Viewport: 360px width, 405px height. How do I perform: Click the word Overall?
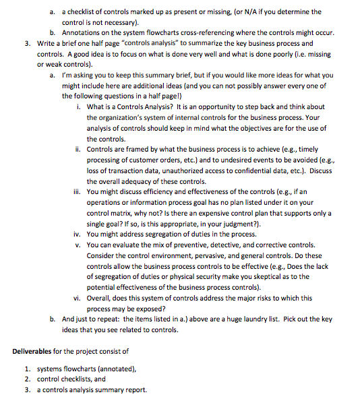click(x=100, y=298)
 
